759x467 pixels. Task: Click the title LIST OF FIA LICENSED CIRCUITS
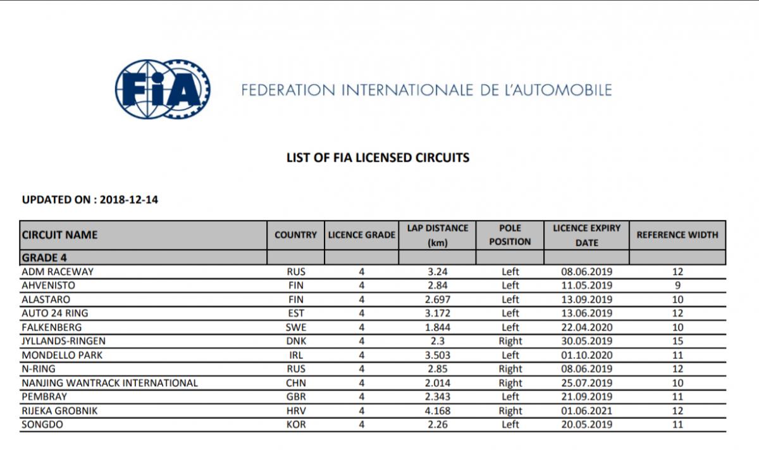378,157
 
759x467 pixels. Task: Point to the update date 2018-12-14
129,200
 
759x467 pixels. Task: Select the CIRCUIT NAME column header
60,235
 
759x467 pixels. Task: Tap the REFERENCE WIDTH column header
677,235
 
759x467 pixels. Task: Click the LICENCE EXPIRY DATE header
586,235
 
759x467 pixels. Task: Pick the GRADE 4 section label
44,258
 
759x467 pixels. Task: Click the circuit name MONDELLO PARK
62,355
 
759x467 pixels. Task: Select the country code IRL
295,355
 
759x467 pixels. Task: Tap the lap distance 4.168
437,411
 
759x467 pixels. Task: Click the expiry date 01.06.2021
586,411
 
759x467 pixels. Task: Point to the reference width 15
677,341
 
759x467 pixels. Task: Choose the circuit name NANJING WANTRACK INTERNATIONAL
109,383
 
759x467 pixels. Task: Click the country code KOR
295,425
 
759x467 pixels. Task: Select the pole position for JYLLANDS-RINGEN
510,341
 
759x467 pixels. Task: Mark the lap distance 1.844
437,327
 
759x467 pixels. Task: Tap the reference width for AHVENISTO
677,286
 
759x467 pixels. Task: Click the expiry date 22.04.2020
586,327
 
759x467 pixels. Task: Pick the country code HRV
295,411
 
